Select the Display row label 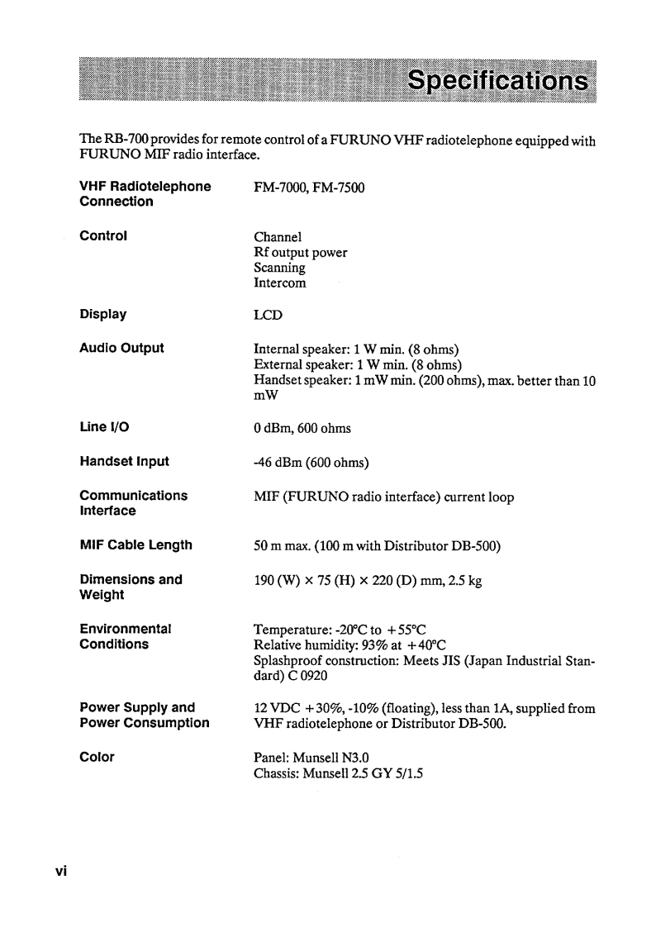pyautogui.click(x=102, y=314)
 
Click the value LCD pyautogui.click(x=268, y=315)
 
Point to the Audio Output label pyautogui.click(x=121, y=348)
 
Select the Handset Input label pyautogui.click(x=124, y=461)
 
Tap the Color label pyautogui.click(x=97, y=757)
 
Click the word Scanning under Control pyautogui.click(x=279, y=268)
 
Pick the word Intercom pyautogui.click(x=279, y=283)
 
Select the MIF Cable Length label pyautogui.click(x=135, y=544)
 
